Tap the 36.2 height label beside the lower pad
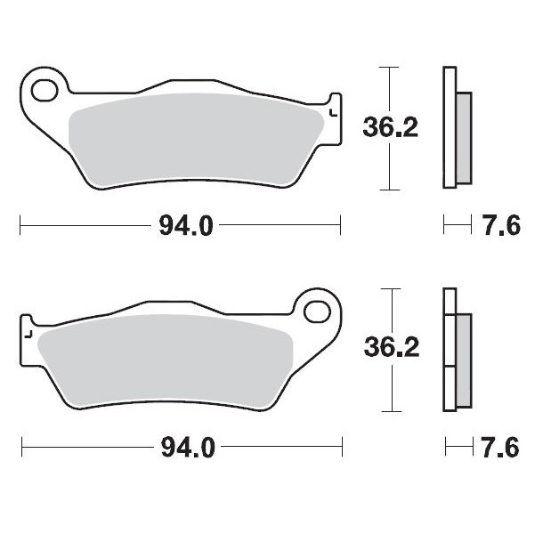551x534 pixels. point(390,348)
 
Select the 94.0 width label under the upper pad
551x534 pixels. point(186,226)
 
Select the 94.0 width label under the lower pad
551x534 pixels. point(186,448)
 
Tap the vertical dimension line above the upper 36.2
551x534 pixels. point(386,89)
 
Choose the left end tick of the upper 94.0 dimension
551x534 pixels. point(20,226)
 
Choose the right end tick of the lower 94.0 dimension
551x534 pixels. point(341,448)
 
